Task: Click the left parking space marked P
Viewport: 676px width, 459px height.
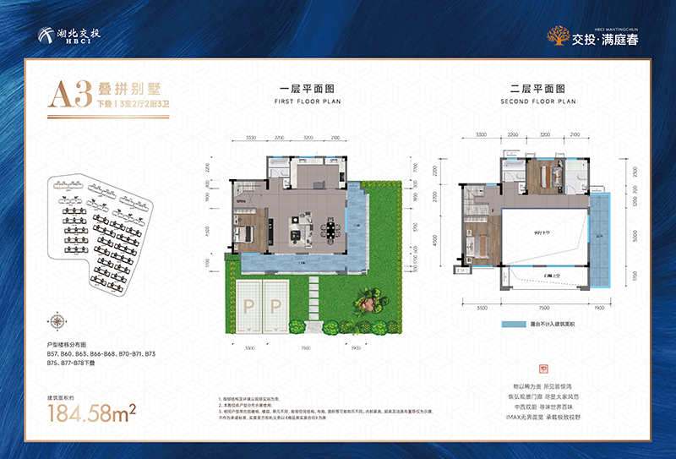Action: point(250,307)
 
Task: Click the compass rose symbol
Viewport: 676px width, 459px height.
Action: point(57,320)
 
